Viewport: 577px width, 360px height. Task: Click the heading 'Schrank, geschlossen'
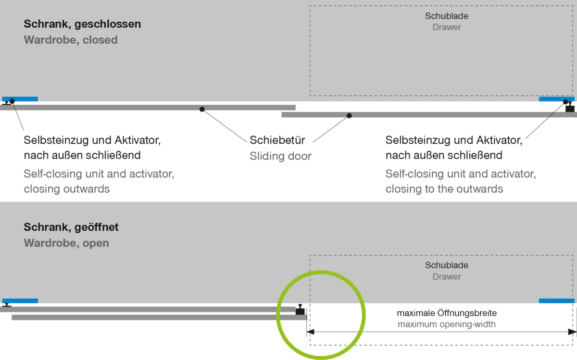coord(82,24)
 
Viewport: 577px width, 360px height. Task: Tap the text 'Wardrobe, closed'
coord(71,40)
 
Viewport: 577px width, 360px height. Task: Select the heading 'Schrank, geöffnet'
coord(71,227)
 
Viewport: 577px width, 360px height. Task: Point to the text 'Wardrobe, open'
coord(66,243)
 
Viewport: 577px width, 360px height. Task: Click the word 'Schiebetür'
coord(277,140)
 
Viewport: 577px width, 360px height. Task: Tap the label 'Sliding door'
coord(280,156)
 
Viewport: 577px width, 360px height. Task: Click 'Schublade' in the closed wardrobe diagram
coord(446,16)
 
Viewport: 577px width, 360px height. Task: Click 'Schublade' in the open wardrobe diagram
coord(446,265)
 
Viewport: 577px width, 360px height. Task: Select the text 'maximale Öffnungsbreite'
coord(446,313)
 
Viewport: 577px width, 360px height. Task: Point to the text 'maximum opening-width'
coord(446,324)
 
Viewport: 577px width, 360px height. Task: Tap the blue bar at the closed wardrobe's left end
coord(20,99)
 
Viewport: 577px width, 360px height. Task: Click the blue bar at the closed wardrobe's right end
coord(557,99)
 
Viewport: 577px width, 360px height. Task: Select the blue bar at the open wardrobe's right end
coord(557,301)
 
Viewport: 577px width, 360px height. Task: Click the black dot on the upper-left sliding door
coord(202,109)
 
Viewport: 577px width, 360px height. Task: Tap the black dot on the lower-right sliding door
coord(349,116)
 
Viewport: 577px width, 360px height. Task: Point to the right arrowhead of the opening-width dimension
coord(572,332)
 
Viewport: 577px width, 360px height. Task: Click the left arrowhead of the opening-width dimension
coord(310,332)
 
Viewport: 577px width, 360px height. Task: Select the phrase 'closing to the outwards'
coord(444,189)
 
